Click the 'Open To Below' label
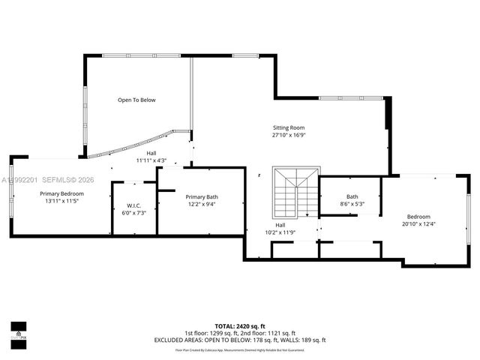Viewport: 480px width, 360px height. (136, 100)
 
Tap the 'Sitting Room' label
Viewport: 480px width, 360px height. (289, 128)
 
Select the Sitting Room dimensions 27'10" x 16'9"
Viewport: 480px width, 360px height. (289, 136)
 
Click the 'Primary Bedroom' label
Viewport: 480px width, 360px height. (61, 193)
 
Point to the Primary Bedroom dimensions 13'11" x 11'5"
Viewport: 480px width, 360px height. (61, 201)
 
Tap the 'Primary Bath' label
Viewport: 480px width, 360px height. (202, 196)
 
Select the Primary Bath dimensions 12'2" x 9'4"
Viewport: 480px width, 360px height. (202, 204)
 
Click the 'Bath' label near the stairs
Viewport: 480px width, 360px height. (352, 196)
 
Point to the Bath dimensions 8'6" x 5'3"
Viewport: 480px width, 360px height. (352, 204)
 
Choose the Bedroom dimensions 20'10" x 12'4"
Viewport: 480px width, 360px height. (419, 223)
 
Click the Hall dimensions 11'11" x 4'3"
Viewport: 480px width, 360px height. (151, 160)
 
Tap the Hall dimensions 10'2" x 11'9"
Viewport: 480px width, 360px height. (280, 232)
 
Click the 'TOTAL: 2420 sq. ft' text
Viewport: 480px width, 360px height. (240, 326)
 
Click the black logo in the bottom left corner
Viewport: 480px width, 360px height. (18, 331)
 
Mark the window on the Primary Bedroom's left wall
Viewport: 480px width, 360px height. (11, 196)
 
